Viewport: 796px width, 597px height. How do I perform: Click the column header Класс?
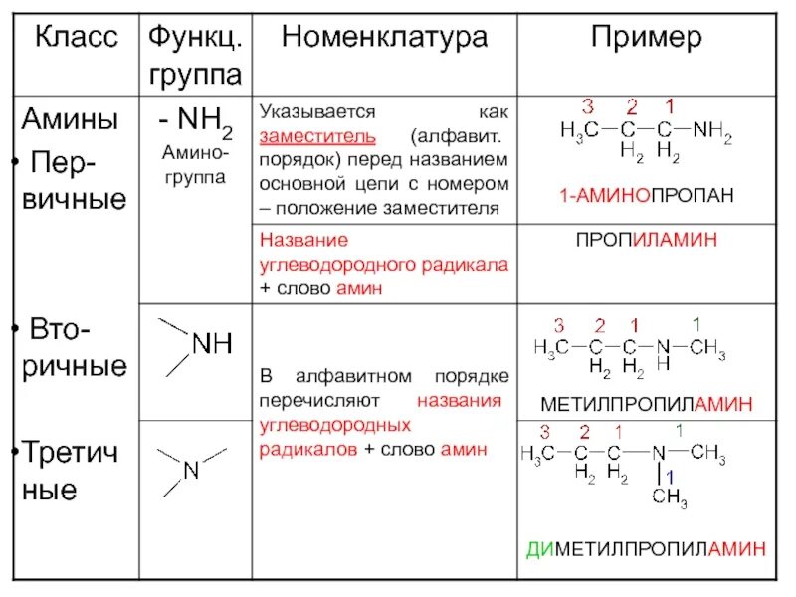(77, 39)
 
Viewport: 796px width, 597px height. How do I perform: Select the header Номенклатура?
(385, 39)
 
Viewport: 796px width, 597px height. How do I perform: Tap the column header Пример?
(646, 39)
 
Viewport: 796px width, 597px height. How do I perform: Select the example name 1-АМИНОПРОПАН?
(646, 196)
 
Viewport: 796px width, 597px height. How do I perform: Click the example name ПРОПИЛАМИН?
(646, 241)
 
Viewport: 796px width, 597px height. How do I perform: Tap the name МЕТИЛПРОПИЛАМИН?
(646, 404)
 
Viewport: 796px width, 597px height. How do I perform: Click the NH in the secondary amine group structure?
(211, 344)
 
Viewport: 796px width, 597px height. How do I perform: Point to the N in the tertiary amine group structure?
(191, 470)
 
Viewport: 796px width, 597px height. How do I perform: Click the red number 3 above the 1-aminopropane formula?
(588, 105)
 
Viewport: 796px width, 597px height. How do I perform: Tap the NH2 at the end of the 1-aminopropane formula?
(711, 131)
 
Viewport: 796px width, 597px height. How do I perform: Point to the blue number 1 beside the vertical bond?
(670, 476)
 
